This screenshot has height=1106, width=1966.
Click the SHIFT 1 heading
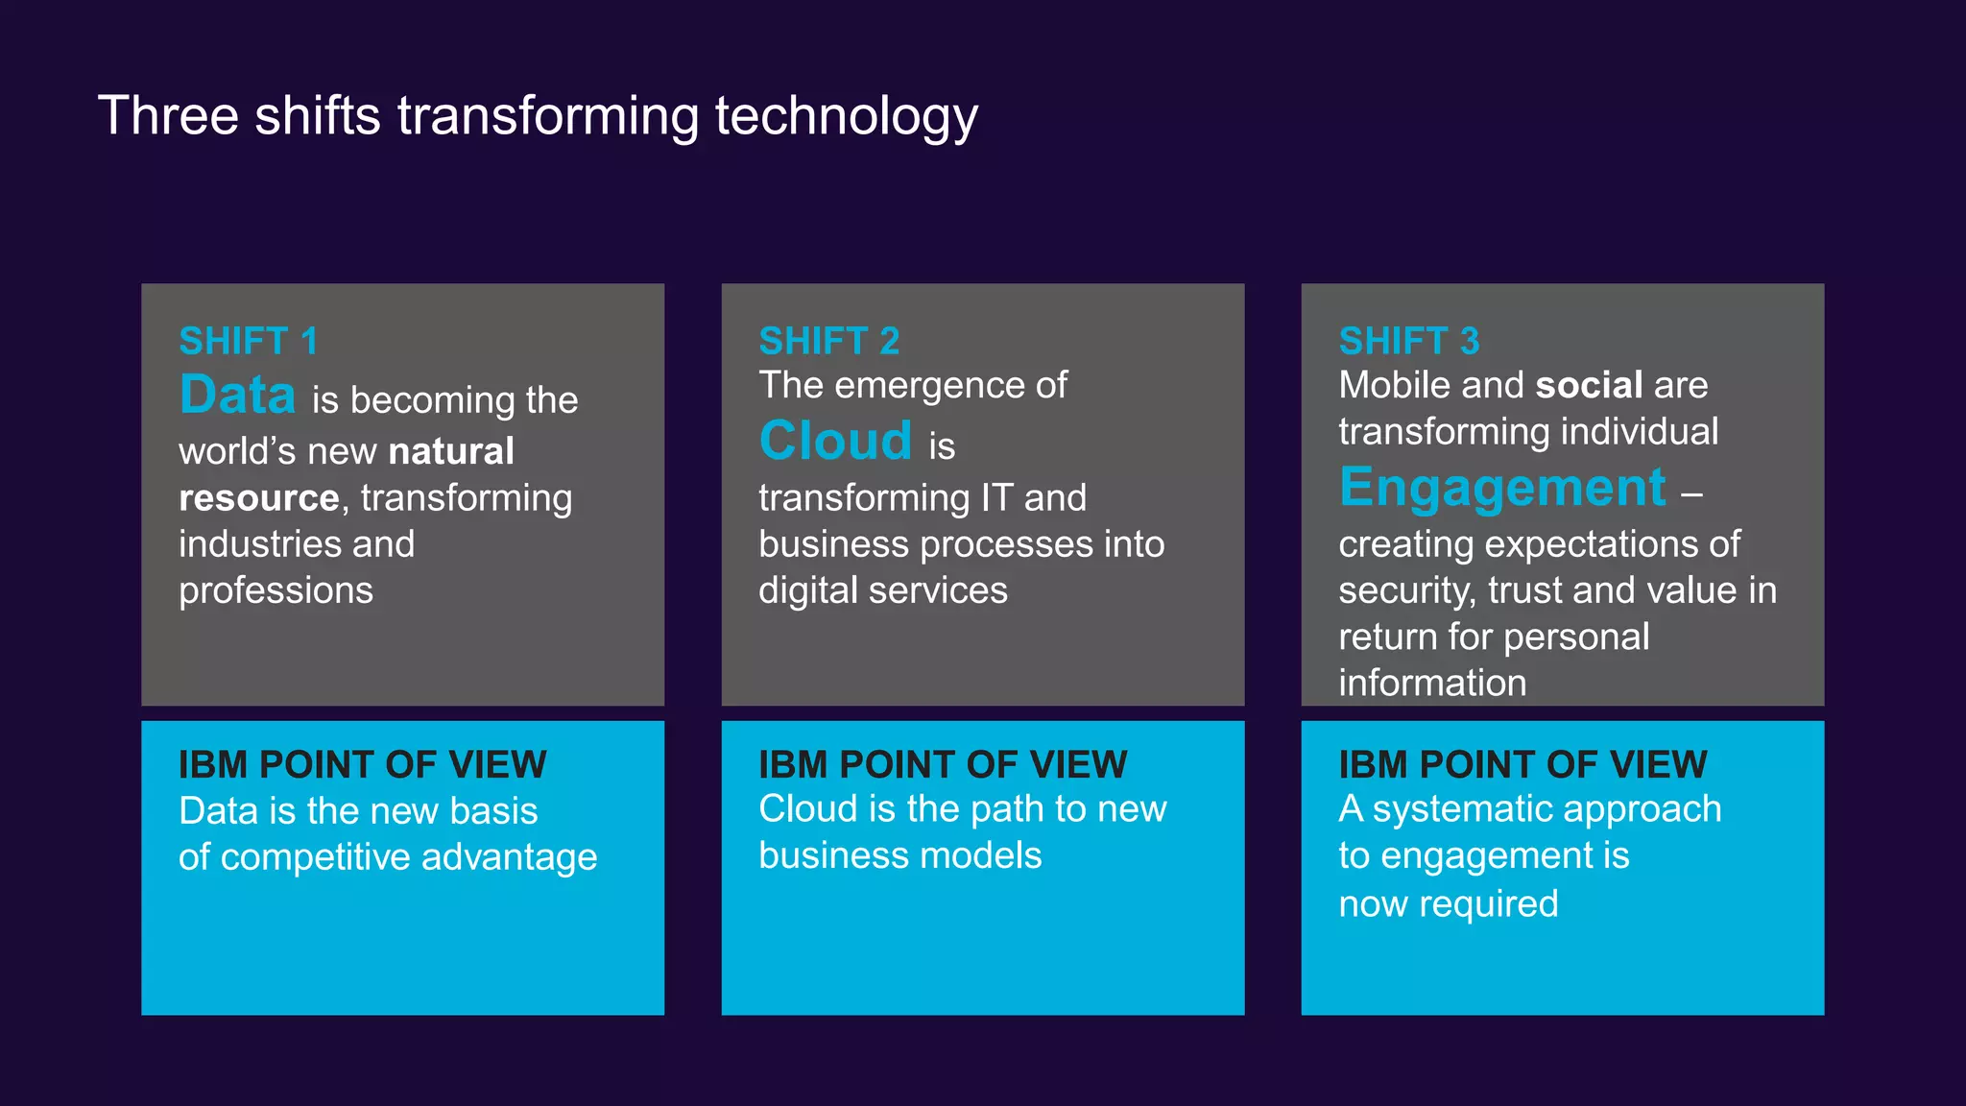tap(248, 341)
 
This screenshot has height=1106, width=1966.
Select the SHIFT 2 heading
tap(828, 341)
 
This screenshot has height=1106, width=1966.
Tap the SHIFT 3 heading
tap(1408, 341)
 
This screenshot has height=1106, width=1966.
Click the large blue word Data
tap(237, 395)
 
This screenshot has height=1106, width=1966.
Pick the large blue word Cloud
tap(835, 441)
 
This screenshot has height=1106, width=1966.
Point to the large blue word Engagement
tap(1502, 487)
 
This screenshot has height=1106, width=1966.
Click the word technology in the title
tap(846, 116)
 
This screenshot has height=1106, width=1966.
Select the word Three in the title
tap(168, 116)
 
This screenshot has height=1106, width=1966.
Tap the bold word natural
tap(451, 450)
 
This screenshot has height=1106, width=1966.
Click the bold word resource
tap(258, 497)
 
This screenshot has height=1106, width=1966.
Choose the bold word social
tap(1589, 385)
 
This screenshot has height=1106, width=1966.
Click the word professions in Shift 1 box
tap(276, 590)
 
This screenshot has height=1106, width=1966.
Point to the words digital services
tap(882, 590)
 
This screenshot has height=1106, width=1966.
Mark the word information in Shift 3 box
tap(1431, 683)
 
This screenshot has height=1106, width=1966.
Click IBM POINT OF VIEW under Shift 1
tap(362, 764)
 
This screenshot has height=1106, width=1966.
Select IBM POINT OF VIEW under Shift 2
tap(942, 764)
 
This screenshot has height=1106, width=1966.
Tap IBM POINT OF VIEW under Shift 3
tap(1522, 764)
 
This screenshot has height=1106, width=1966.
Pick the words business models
tap(899, 855)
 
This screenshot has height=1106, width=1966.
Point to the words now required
tap(1448, 903)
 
